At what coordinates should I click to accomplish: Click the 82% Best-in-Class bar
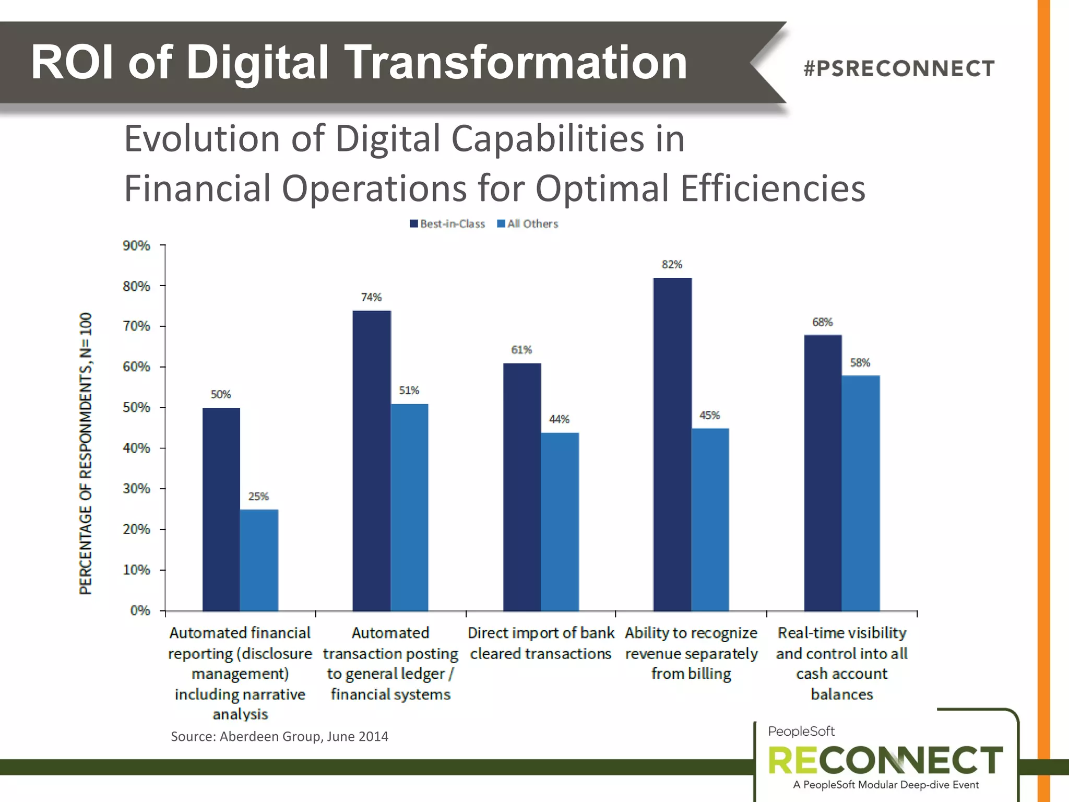pos(672,444)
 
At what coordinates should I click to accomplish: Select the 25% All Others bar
pos(259,560)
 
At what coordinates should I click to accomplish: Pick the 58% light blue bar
pos(860,493)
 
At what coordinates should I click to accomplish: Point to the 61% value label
pos(521,350)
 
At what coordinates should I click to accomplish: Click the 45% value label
pos(709,416)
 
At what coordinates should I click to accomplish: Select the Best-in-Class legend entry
pos(448,224)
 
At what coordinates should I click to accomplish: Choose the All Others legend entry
pos(528,224)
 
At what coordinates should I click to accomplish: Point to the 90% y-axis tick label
pos(136,245)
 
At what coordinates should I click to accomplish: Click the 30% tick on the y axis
pos(136,489)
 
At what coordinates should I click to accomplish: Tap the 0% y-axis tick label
pos(140,610)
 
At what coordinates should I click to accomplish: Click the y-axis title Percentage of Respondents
pos(86,453)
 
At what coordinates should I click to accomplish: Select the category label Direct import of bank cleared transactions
pos(541,643)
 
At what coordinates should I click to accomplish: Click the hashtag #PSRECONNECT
pos(899,68)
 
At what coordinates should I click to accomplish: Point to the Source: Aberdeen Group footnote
pos(279,737)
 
